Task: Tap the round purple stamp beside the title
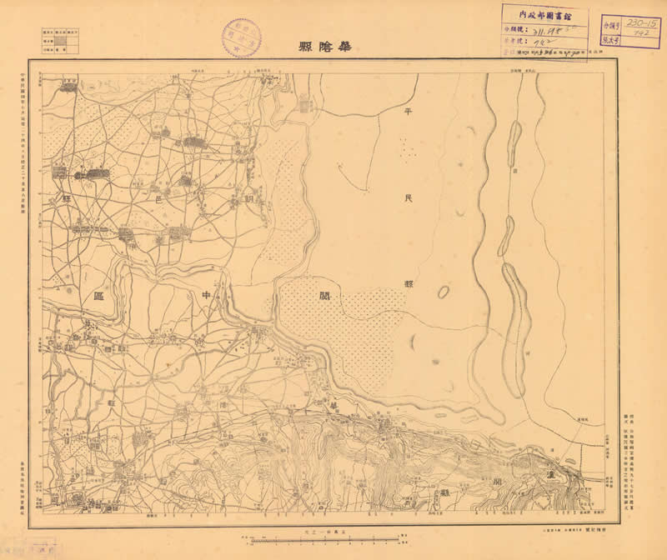coord(241,38)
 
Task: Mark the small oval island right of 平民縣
coord(444,292)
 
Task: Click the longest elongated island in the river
coord(517,317)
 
